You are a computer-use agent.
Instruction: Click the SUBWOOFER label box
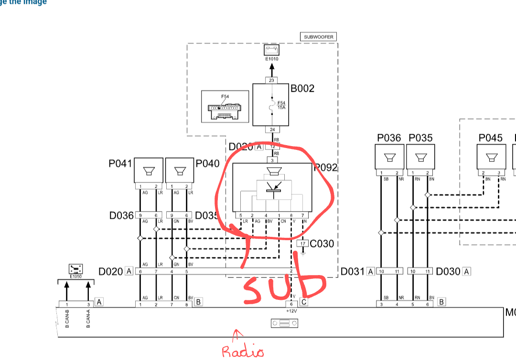tap(319, 37)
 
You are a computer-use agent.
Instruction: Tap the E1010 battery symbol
tap(271, 50)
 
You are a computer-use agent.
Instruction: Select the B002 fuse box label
tap(302, 88)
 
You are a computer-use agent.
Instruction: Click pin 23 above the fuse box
tap(271, 80)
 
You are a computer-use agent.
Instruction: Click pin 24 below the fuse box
tap(271, 129)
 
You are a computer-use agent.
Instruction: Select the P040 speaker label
tap(207, 164)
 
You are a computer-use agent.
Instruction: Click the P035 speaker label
tap(420, 138)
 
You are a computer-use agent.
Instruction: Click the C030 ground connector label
tap(322, 244)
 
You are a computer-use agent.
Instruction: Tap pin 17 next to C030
tap(303, 244)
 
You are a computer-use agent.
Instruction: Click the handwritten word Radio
tap(243, 351)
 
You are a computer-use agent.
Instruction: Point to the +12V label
tap(291, 310)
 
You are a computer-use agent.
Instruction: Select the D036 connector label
tap(121, 215)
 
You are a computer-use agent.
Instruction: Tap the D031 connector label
tap(353, 272)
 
